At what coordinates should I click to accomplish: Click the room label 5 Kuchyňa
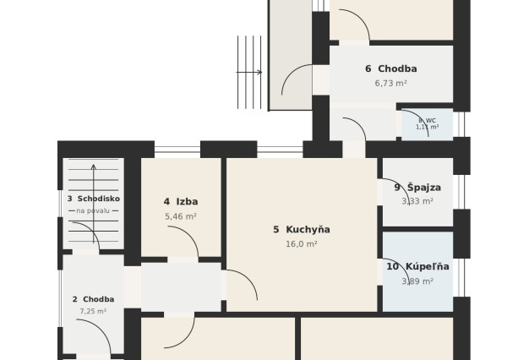(x=302, y=230)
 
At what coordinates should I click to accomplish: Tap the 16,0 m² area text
(x=302, y=244)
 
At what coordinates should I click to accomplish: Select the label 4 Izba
(x=181, y=202)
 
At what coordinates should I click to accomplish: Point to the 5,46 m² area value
(x=181, y=216)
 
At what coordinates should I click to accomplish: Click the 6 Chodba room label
(x=391, y=69)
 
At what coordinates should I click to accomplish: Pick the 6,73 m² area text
(x=391, y=84)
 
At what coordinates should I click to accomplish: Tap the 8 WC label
(x=427, y=121)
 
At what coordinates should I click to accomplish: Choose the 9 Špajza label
(x=417, y=188)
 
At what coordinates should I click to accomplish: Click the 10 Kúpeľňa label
(x=417, y=266)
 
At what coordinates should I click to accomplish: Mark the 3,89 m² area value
(x=417, y=281)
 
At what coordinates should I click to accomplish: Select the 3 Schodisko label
(x=94, y=199)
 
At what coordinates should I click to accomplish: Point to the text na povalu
(x=93, y=211)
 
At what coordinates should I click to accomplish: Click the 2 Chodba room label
(x=93, y=299)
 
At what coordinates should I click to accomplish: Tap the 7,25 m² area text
(x=93, y=311)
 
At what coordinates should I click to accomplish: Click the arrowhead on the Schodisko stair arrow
(x=94, y=166)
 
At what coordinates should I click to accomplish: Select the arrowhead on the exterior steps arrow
(x=259, y=73)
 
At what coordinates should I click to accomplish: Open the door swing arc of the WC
(x=420, y=117)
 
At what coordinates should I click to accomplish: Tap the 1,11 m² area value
(x=427, y=127)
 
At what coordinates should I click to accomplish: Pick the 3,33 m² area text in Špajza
(x=417, y=201)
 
